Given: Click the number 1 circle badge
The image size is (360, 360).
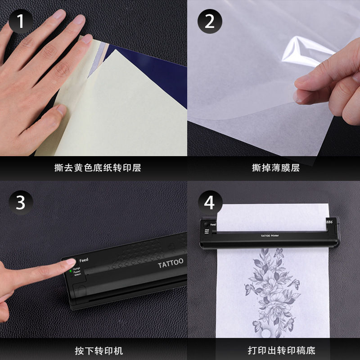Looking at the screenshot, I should [21, 21].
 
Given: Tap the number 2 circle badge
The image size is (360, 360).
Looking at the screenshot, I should [210, 21].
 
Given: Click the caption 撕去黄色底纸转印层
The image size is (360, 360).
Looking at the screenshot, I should [98, 168].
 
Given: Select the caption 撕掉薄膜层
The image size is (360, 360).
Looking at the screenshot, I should [276, 168].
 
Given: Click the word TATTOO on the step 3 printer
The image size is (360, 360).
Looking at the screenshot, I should [171, 263].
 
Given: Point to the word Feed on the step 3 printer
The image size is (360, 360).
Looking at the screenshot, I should [84, 260].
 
